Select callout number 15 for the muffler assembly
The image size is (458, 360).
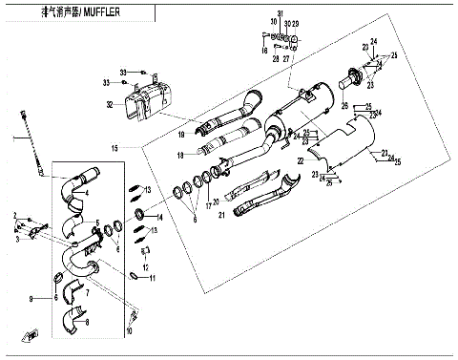114,148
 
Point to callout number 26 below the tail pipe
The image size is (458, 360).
345,105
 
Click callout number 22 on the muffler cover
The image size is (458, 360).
300,162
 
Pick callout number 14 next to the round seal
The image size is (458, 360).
159,218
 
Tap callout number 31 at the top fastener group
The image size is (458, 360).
280,12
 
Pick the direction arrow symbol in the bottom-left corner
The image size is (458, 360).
31,333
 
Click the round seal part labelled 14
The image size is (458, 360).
139,211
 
